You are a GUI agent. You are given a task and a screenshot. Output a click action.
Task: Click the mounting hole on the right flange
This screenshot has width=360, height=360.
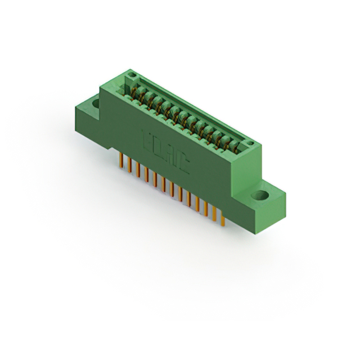[260, 196]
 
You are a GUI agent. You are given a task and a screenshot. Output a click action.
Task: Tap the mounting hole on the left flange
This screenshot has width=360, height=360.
[95, 103]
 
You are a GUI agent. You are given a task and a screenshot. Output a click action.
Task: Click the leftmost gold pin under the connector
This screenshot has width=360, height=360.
[121, 160]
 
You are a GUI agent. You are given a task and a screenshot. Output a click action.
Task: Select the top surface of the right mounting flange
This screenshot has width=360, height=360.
[273, 194]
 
